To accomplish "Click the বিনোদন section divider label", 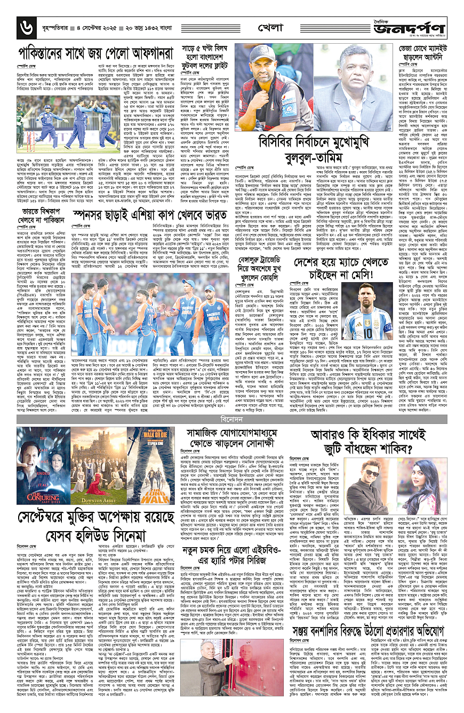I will coord(231,406).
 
